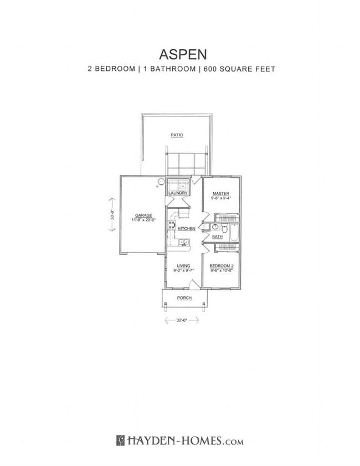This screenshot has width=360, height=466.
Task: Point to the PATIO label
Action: coord(176,135)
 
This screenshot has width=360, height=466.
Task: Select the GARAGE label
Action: coord(143,215)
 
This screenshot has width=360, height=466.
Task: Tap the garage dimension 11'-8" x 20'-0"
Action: coord(143,220)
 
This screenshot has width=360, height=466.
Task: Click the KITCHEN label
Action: coord(186,228)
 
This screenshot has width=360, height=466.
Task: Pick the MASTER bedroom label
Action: coord(221,193)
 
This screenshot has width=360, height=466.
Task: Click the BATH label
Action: coord(218,237)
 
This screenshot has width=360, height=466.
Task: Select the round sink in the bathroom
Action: coord(215,227)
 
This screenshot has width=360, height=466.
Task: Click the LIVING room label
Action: coord(183,266)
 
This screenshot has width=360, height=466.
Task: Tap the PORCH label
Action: coord(184,298)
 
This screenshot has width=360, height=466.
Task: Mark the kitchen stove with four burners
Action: coord(172,226)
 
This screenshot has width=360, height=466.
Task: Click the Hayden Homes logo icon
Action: coord(120,441)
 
